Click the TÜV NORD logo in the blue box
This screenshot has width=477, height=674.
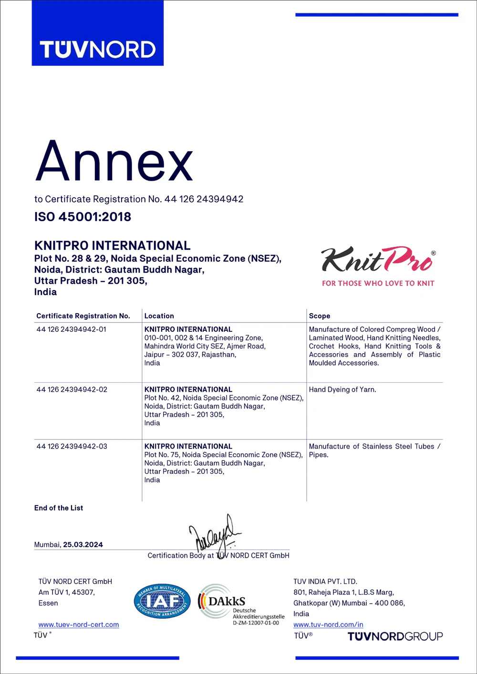(98, 50)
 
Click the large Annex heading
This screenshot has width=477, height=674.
(114, 162)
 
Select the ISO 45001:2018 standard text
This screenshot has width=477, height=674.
(83, 217)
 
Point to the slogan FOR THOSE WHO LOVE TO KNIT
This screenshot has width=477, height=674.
(378, 283)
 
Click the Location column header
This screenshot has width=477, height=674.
(159, 316)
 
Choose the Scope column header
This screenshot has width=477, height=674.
(319, 316)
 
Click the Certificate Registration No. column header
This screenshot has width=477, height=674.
(83, 316)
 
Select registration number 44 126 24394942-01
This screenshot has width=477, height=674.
(72, 329)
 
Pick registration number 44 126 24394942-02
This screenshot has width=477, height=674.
(72, 389)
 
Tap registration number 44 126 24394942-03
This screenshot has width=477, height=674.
(72, 447)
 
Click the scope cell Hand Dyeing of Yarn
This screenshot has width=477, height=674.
(342, 389)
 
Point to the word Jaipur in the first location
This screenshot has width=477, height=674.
(154, 355)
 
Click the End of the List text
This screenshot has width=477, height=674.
(59, 508)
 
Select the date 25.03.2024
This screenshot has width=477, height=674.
(83, 545)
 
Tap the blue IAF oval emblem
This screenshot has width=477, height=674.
(162, 602)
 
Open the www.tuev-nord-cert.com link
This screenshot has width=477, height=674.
(79, 625)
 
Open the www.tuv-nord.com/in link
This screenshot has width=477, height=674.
(328, 624)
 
